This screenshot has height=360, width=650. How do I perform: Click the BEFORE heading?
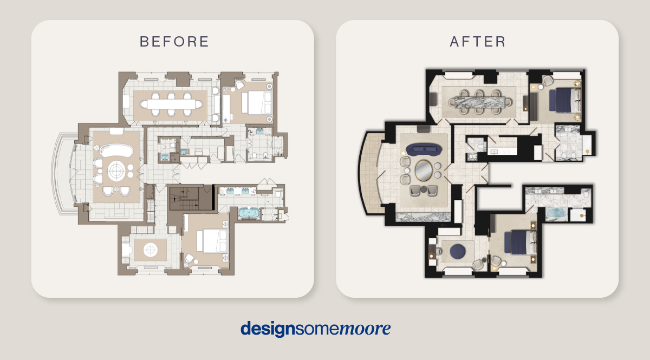174,42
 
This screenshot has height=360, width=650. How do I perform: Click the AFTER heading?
478,42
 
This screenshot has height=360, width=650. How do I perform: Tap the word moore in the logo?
365,329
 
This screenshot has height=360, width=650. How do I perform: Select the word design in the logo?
268,329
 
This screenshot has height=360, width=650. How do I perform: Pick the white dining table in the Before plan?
171,104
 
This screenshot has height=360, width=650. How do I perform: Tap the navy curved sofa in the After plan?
424,149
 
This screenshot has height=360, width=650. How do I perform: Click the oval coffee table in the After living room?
424,171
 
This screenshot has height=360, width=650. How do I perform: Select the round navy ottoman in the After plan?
458,251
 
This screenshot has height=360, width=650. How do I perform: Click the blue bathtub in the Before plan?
249,213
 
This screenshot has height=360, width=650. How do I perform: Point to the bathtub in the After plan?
556,213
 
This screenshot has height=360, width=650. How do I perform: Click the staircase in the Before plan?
190,199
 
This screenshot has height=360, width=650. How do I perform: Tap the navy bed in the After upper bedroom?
564,100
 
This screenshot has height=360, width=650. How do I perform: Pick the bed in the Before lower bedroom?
212,241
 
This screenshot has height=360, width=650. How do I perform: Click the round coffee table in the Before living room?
116,171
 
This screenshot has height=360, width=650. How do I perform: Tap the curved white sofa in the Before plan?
116,150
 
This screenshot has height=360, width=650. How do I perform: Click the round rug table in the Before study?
151,250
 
